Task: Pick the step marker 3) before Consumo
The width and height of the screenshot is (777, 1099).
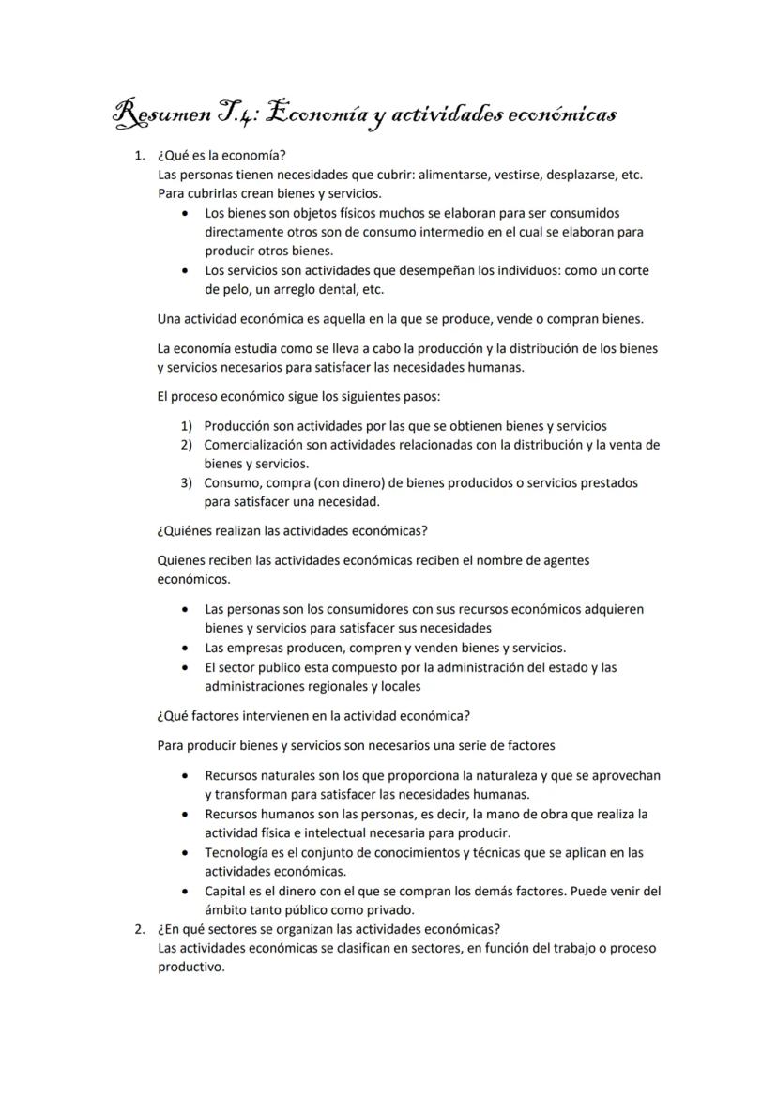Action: point(187,482)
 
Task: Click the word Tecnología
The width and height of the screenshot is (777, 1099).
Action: point(238,853)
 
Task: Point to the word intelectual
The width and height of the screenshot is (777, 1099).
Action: point(324,832)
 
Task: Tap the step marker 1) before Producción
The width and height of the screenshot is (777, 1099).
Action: point(187,425)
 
